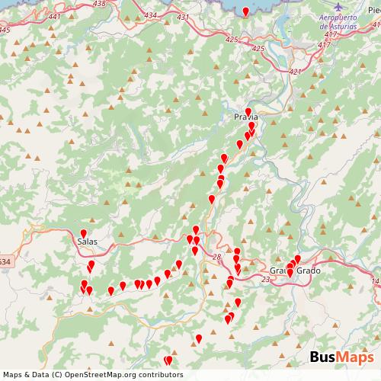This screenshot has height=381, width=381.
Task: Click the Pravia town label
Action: click(247, 118)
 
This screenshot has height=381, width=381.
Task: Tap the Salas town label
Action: click(87, 242)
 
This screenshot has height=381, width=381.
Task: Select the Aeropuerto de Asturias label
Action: click(341, 22)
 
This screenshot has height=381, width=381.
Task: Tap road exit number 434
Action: click(150, 15)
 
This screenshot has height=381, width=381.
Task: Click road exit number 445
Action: click(5, 30)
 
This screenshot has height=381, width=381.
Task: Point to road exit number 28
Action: click(217, 256)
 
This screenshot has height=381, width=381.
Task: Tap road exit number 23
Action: click(265, 280)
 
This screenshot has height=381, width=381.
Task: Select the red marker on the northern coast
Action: click(245, 10)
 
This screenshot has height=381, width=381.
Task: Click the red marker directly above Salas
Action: click(84, 232)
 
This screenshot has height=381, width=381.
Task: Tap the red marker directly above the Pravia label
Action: click(248, 110)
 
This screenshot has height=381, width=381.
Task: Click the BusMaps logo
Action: click(341, 357)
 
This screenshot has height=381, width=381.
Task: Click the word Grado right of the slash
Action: click(309, 271)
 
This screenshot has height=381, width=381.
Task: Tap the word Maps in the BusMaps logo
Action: click(355, 357)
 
